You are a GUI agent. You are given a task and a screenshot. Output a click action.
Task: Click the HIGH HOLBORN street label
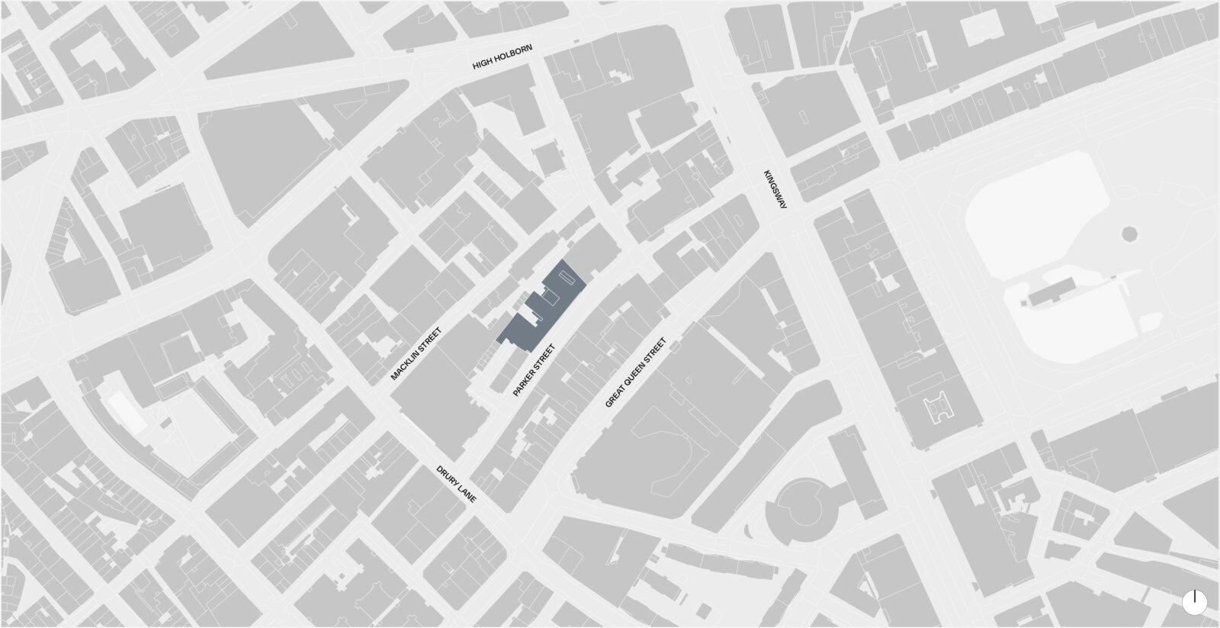point(502,58)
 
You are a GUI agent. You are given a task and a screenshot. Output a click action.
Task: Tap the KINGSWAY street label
point(776,189)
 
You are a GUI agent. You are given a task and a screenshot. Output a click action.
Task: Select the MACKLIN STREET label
point(416,354)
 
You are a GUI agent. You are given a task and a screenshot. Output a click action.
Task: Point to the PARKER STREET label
point(534,370)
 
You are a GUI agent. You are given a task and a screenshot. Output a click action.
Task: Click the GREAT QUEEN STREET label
point(635,372)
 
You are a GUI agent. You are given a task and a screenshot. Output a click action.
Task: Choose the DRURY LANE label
point(456,484)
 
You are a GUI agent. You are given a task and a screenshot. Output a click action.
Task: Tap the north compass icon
point(1195,601)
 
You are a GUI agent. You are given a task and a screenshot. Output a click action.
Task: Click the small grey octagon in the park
point(1129,232)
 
